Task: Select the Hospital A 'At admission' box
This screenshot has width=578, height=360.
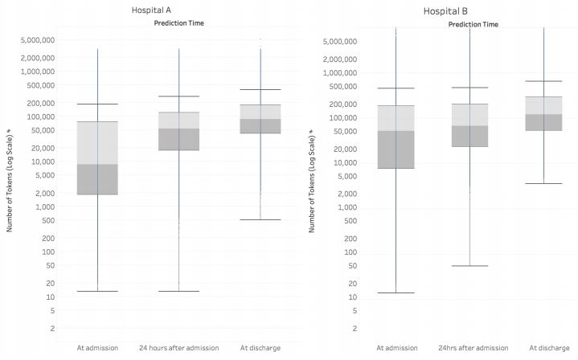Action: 97,157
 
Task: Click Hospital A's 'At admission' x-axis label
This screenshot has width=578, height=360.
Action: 97,347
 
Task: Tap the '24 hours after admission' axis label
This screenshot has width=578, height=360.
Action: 178,347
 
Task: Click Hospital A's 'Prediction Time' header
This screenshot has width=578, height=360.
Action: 178,23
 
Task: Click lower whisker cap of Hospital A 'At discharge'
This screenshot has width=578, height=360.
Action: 260,219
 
